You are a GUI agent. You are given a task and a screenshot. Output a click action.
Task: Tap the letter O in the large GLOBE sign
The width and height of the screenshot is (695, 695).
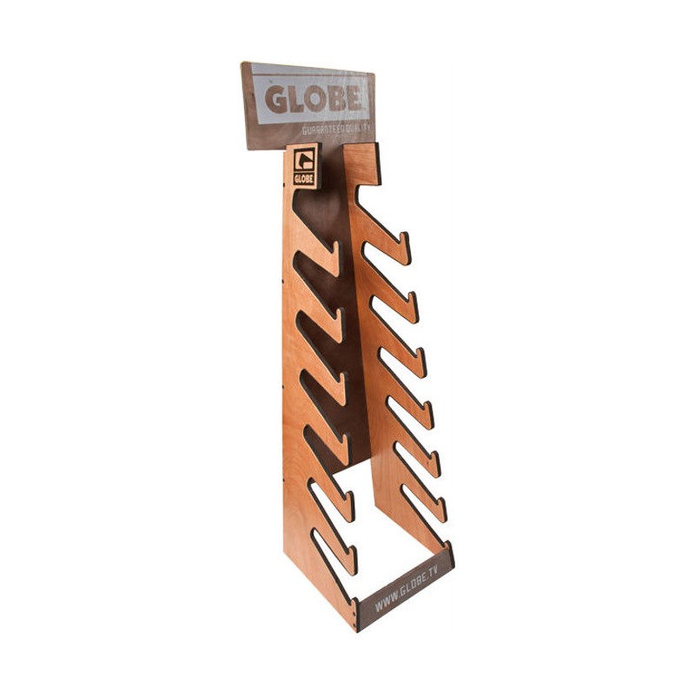point(315,99)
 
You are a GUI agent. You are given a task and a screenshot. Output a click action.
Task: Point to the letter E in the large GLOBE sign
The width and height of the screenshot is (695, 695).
point(354,97)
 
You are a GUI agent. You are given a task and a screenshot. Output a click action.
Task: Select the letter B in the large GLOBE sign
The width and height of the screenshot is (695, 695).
point(336,98)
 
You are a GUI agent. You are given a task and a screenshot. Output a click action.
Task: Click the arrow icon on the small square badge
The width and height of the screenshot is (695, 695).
point(305,160)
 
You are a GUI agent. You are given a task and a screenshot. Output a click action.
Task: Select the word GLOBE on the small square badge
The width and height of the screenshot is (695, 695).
point(304,178)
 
